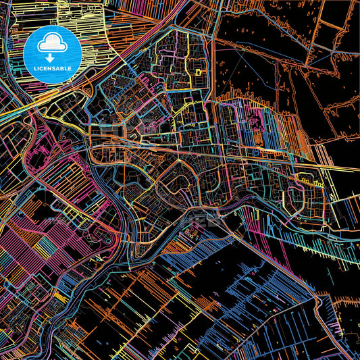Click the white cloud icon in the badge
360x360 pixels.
pyautogui.click(x=52, y=45)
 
